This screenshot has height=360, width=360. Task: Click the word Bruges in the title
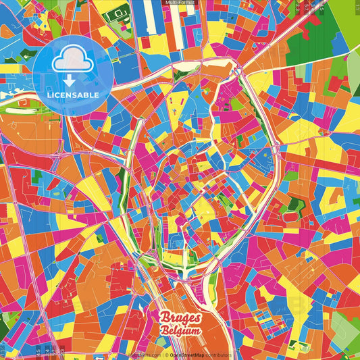tap(179, 317)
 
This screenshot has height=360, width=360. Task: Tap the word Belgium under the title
tap(180, 330)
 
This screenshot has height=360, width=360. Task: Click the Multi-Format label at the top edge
tap(180, 3)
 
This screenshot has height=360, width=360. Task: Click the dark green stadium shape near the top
tap(120, 13)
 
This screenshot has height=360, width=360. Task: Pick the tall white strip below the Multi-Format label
tap(149, 16)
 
